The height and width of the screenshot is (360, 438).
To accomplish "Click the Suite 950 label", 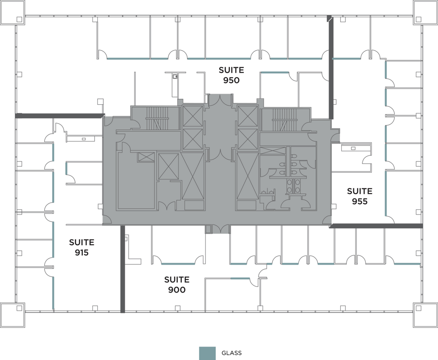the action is [x=231, y=75].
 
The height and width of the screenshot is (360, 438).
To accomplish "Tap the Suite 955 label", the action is [x=360, y=196].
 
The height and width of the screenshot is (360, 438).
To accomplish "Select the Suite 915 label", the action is [x=82, y=247].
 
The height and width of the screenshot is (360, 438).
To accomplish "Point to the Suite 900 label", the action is [x=177, y=284].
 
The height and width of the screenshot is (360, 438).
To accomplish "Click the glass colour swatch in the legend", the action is [x=207, y=353].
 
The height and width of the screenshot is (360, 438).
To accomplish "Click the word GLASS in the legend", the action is [x=231, y=353].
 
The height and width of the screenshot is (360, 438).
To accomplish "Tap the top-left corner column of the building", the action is [x=12, y=12].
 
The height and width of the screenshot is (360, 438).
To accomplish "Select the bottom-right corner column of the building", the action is [x=425, y=315].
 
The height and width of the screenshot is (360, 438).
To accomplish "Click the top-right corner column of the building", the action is [x=425, y=12].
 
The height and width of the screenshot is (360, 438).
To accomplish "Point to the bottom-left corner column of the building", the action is [x=12, y=315].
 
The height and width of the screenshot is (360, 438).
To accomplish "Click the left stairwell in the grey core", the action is [x=157, y=118].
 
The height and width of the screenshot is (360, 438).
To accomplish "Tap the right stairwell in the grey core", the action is [x=284, y=120].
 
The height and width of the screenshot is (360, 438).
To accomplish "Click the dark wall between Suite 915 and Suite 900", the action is [x=123, y=269].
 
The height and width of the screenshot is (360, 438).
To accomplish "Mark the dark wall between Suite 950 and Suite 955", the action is [x=331, y=67].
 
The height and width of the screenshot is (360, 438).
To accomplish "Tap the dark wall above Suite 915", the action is [x=60, y=116].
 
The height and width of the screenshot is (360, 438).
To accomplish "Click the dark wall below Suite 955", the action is [x=376, y=226].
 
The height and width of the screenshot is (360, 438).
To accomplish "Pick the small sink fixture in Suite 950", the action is [x=175, y=77].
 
